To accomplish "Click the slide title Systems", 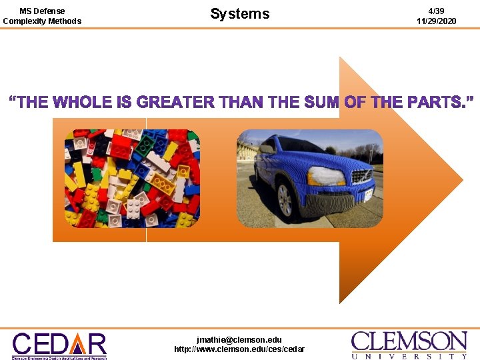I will click(240, 13).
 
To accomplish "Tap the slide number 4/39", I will click(436, 11).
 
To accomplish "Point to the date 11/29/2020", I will click(436, 21).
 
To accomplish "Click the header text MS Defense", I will click(42, 11).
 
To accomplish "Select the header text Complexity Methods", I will click(42, 21).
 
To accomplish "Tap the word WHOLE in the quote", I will click(82, 103).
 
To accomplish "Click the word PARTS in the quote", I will click(431, 103).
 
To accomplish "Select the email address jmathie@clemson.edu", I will click(239, 339).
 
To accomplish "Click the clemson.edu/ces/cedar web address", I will click(239, 349).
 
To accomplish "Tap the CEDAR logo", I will click(59, 345).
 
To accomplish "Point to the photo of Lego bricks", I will click(132, 178).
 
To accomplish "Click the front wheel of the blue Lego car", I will click(285, 199).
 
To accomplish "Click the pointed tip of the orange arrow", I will click(461, 180).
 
